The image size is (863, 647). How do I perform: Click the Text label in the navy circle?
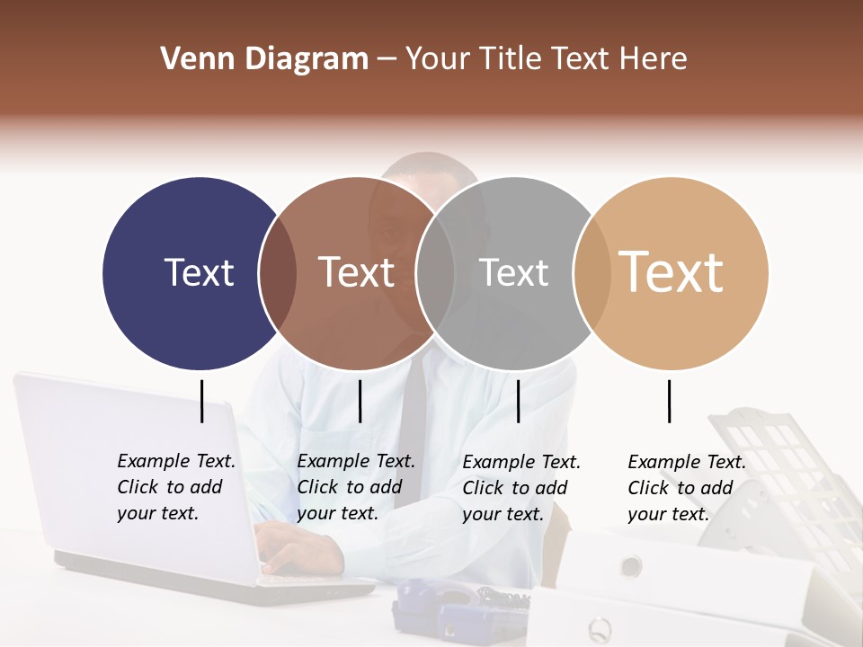199,272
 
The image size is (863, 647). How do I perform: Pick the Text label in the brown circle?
357,272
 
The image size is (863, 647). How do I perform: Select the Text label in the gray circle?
513,272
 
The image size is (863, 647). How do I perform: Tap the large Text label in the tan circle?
672,271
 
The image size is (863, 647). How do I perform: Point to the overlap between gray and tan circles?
589,273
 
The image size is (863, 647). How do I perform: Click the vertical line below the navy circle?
202,401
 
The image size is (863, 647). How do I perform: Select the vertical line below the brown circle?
360,401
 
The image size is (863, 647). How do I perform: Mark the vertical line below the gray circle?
519,401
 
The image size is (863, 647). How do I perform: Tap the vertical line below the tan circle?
669,401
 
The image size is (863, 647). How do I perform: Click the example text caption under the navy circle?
176,487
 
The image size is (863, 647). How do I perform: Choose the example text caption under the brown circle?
356,487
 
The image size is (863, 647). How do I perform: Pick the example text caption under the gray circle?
521,488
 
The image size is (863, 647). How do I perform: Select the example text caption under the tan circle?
687,488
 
